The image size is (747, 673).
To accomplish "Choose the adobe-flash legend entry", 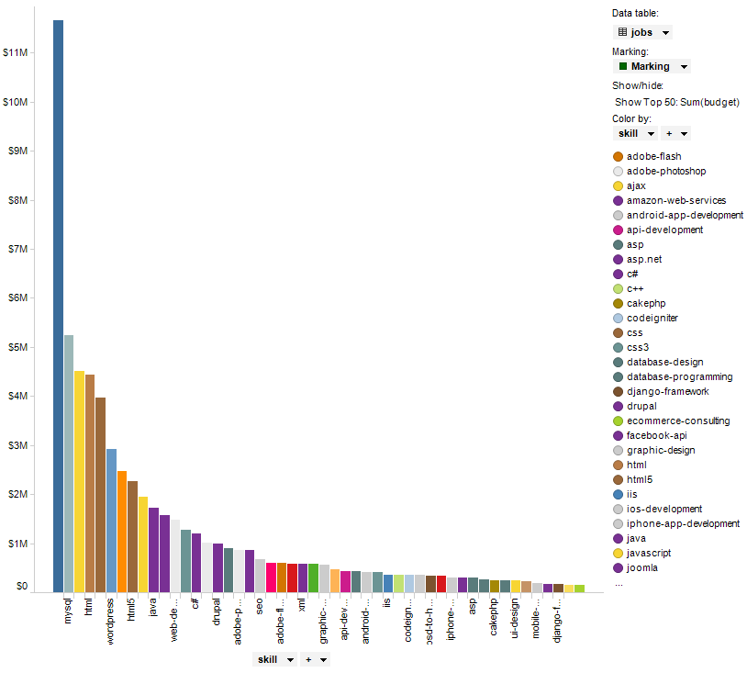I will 653,156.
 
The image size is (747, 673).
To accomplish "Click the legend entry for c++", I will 635,288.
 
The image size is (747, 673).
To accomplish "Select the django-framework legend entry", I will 667,391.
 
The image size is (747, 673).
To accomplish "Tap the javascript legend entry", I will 649,553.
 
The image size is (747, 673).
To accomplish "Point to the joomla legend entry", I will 642,567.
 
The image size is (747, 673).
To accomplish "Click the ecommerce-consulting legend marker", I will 619,421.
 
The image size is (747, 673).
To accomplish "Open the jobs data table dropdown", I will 642,32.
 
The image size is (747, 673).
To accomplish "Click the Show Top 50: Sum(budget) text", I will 676,102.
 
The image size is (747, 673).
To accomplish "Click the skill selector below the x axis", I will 274,659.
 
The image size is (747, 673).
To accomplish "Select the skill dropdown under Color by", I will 635,133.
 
